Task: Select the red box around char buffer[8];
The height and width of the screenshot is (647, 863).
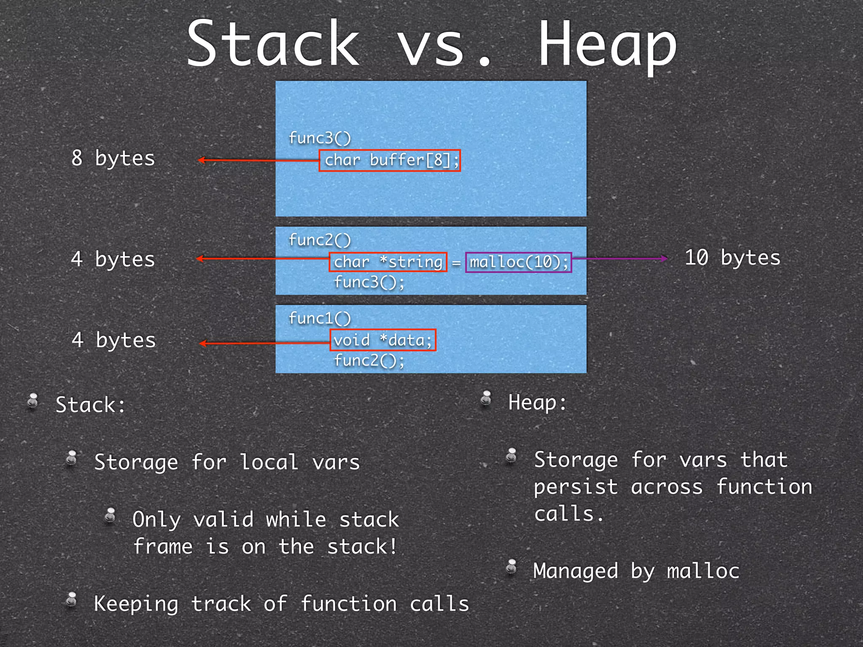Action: coord(389,160)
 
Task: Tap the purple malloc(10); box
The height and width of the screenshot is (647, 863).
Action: coord(518,262)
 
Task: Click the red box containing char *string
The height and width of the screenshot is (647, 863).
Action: coord(388,262)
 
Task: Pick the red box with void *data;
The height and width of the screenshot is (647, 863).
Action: coord(383,340)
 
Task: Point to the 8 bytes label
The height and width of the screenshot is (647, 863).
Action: coord(113,158)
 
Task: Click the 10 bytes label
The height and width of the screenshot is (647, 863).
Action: coord(732,258)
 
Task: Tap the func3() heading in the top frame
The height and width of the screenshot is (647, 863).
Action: coord(319,138)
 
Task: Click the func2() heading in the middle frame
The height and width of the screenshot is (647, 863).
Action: coord(319,240)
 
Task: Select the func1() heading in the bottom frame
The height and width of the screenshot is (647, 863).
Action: coord(319,318)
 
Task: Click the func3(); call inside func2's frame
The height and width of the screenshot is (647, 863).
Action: coord(369,282)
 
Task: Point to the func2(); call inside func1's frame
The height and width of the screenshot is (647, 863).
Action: coord(369,361)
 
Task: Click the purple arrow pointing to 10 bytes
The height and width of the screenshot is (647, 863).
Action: coord(619,258)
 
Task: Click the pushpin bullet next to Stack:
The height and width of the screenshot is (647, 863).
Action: coord(32,401)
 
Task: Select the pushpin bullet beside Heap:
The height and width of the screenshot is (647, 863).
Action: coord(486,398)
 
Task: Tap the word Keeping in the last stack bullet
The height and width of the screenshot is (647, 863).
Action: coord(136,604)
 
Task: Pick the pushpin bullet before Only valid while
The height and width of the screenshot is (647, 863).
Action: coord(110,515)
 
